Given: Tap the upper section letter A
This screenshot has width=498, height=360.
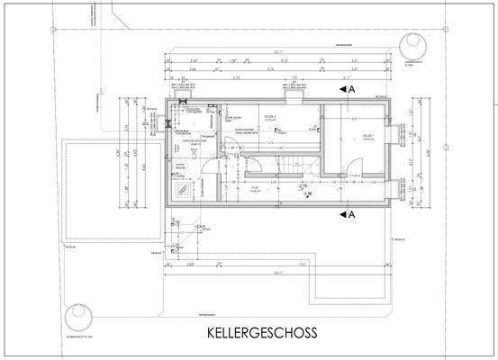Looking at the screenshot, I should [352, 90].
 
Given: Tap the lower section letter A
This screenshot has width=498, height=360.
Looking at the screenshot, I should [352, 215].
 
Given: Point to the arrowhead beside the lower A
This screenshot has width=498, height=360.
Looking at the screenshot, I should [342, 215].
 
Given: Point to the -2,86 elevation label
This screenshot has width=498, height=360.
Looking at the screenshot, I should [309, 194].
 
